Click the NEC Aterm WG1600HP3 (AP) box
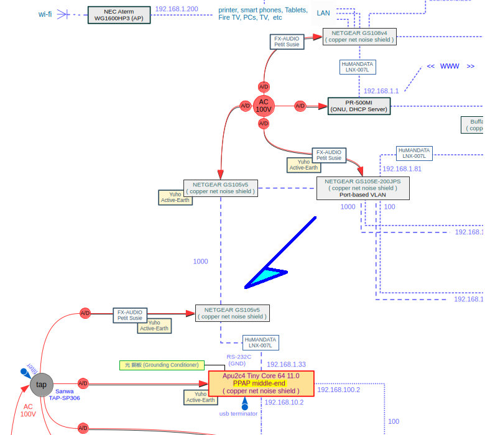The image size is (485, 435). point(119,15)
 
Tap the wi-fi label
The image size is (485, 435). point(45,14)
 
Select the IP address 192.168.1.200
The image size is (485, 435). point(177,9)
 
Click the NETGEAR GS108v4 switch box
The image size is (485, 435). point(359,36)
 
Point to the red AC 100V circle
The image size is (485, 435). point(264,106)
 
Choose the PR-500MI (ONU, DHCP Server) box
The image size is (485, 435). point(359,106)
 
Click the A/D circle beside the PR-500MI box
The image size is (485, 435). point(300,106)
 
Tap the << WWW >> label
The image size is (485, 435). point(450,66)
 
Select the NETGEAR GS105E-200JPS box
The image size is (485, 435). point(363,188)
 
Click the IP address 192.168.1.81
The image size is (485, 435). point(402,169)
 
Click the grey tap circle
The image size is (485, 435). point(42,385)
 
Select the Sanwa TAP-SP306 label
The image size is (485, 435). point(64,395)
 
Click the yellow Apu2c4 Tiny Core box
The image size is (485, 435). point(261,383)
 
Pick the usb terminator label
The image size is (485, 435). point(238,414)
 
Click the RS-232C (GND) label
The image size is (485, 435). point(238,360)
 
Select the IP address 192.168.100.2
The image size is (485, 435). point(338,390)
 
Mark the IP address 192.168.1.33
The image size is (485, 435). point(286,365)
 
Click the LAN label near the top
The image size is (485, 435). point(323,13)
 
